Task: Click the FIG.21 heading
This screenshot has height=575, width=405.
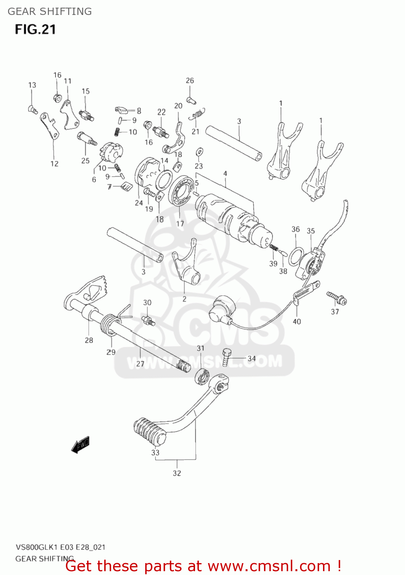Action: (35, 30)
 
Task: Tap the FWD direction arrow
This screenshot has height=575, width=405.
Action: (80, 445)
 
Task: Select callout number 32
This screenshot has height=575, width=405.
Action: (177, 473)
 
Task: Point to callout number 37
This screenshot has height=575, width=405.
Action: (335, 312)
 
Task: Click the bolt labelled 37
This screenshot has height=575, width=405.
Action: (337, 298)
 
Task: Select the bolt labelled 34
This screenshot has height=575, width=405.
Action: (226, 356)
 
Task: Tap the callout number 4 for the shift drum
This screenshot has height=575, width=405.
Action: (225, 174)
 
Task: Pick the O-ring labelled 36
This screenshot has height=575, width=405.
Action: (296, 256)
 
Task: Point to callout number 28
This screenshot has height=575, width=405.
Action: (89, 340)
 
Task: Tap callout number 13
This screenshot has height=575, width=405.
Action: (32, 85)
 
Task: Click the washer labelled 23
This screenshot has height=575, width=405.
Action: (199, 152)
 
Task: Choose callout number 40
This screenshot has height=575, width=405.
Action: (297, 321)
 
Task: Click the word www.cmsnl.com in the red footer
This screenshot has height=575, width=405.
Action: (269, 566)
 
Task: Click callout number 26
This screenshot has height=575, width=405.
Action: (190, 80)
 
